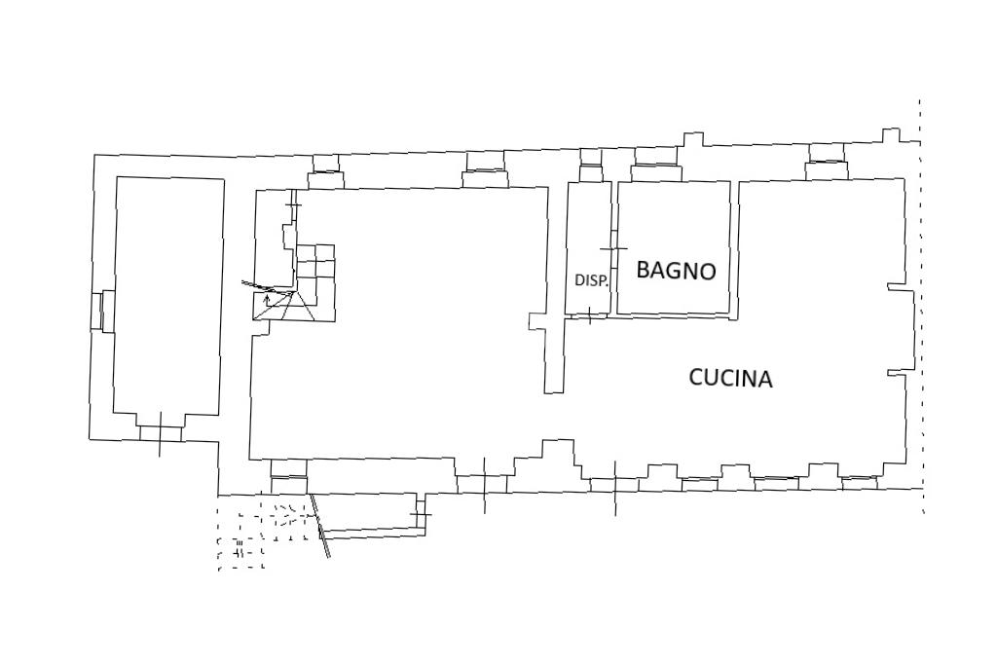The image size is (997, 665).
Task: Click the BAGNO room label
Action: click(x=676, y=271)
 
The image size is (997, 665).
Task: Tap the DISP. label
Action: click(x=591, y=280)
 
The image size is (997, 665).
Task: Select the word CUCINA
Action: click(x=730, y=378)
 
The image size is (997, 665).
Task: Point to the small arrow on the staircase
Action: click(x=267, y=298)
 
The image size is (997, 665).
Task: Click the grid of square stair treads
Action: click(x=315, y=263)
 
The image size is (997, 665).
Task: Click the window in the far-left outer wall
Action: click(x=97, y=311)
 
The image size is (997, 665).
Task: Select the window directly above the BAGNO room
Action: click(x=654, y=172)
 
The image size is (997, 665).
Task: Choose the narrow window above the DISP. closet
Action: click(x=591, y=173)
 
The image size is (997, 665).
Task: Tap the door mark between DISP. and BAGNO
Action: click(x=613, y=248)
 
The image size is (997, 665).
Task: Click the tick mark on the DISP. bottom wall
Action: click(x=590, y=314)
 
